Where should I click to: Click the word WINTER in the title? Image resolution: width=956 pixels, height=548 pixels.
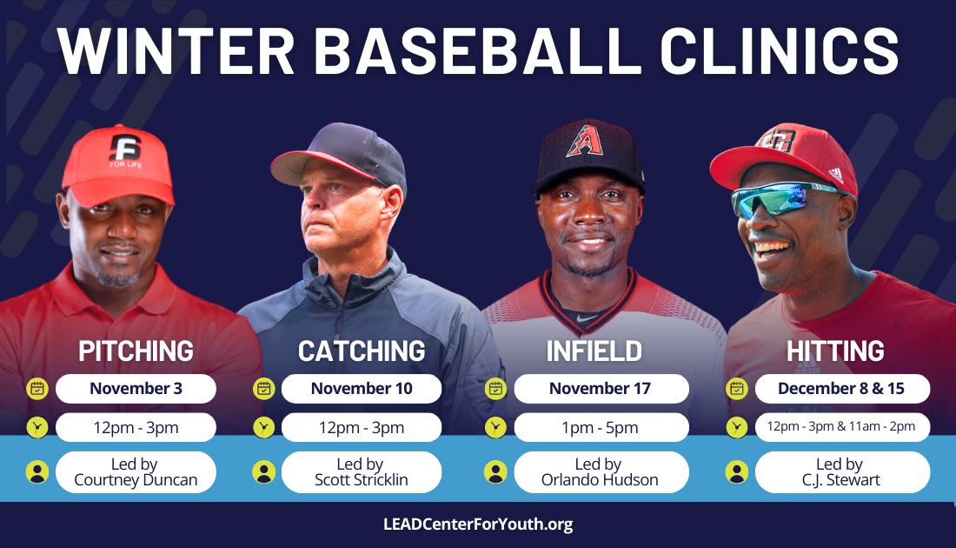coord(176,50)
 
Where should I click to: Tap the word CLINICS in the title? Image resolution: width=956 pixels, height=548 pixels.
coord(780,50)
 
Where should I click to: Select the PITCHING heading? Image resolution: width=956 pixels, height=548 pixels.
coord(136,351)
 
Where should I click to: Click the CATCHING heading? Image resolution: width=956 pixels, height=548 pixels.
coord(362,351)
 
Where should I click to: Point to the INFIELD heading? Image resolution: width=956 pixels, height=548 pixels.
coord(594,351)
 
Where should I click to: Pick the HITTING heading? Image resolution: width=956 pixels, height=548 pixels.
coord(835,351)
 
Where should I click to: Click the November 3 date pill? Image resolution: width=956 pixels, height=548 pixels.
coord(136,389)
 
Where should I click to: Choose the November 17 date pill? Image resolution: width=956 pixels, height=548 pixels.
coord(601,389)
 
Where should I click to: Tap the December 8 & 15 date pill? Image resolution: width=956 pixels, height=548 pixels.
coord(843,389)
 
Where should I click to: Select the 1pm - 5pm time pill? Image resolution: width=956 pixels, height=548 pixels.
coord(601,427)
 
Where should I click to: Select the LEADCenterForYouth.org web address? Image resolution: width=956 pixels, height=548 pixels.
coord(478,525)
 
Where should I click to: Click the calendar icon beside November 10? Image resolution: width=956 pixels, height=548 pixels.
coord(264,389)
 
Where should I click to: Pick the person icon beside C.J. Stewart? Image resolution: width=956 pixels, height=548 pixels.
coord(736,472)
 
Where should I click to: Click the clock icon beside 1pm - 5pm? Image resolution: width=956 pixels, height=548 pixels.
coord(495,427)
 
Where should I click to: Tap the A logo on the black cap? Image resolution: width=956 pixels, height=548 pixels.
coord(584,141)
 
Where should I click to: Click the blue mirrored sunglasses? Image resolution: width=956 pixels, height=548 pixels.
coord(777,199)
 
